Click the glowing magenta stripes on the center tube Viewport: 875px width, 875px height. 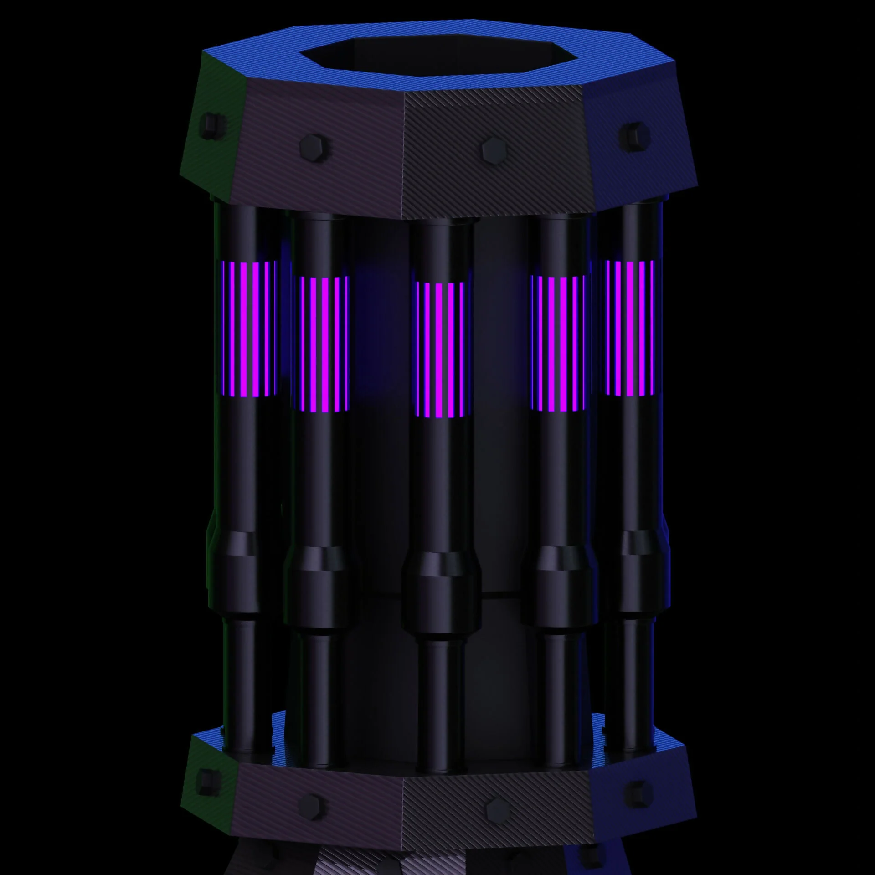pos(441,350)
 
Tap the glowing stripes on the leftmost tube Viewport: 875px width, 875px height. pos(248,328)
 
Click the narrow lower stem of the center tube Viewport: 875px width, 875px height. pos(441,697)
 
